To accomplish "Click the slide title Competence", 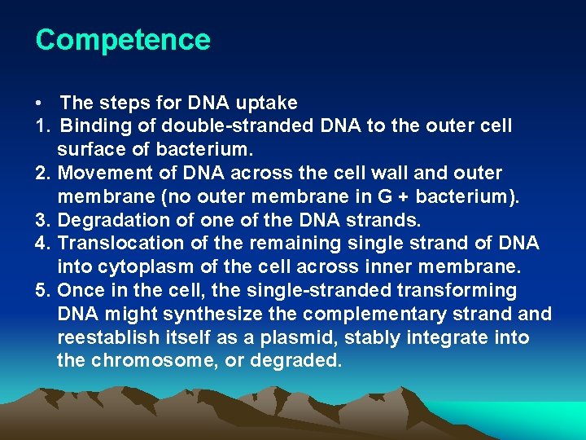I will click(x=123, y=40).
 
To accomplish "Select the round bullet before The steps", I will click(x=39, y=104).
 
